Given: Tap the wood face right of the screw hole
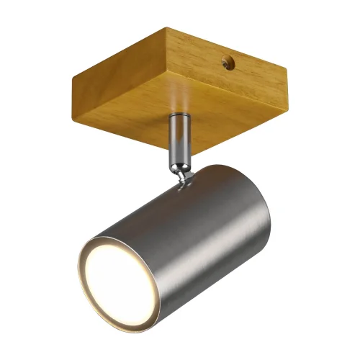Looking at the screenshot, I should (x=249, y=69).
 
